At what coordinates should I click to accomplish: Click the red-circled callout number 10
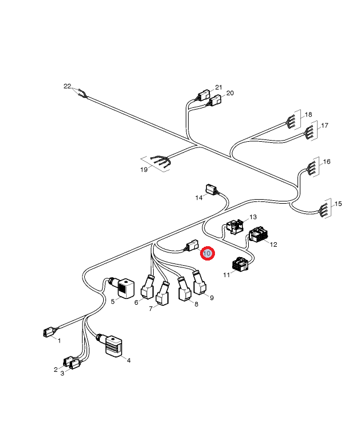[208, 254]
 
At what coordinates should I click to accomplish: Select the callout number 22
[68, 86]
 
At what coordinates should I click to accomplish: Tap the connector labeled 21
[204, 95]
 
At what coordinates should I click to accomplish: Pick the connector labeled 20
[216, 100]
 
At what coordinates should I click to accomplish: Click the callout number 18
[308, 115]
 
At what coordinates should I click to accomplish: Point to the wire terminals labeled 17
[310, 132]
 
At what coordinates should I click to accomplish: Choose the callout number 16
[327, 162]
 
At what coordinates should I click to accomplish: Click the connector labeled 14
[211, 189]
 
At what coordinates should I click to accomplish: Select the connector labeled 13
[235, 226]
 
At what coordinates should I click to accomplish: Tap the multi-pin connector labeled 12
[258, 234]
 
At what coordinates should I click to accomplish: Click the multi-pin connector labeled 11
[241, 264]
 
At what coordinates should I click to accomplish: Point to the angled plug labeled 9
[199, 283]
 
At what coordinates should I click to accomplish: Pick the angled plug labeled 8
[184, 289]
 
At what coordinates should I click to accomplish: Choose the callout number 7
[151, 309]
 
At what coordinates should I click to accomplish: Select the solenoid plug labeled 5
[123, 288]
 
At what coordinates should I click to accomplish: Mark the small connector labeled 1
[48, 332]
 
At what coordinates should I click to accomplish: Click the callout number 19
[144, 170]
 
